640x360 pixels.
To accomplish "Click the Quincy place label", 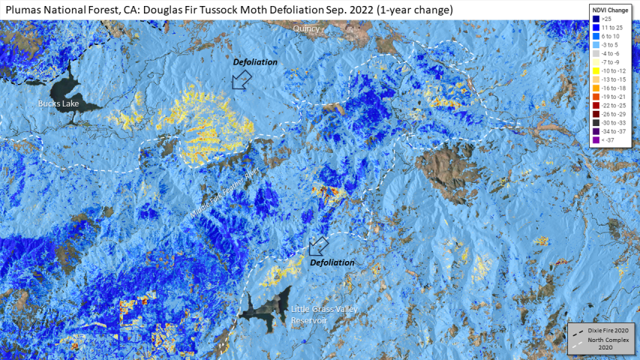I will coord(306,28).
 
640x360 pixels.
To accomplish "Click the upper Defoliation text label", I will coord(255,62).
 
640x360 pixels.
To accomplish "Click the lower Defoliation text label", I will coord(332,262).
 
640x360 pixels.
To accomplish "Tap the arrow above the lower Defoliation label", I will coord(319,244).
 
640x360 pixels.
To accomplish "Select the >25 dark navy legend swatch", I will coord(595,17).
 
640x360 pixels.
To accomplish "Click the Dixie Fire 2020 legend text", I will coord(608,330).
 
